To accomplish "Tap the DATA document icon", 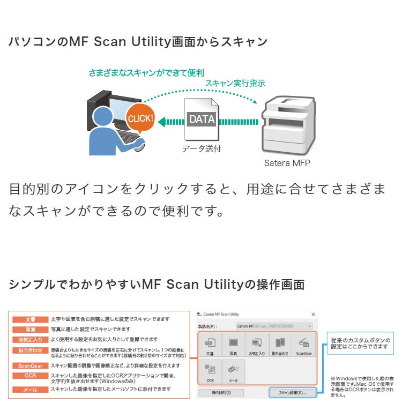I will coord(202,119).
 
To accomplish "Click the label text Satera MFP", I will coord(287,162).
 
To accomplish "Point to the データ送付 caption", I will coord(201,148).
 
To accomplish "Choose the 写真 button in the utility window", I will coord(233,346).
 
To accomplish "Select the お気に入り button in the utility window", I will coord(257,346).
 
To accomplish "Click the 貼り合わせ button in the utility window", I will coord(280,346).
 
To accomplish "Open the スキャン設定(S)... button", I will coord(292,393).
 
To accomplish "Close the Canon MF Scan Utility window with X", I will coord(313,314).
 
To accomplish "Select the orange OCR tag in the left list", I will coord(31,376).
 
